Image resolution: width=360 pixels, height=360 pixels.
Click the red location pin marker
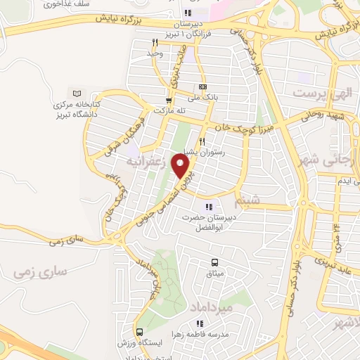coord(182,165)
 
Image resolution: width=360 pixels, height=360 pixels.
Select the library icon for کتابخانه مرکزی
coord(77,94)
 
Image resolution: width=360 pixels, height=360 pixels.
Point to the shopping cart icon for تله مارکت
coord(169,100)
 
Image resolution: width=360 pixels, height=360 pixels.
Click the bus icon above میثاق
coord(212,262)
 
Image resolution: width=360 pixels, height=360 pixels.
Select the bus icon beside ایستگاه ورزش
coord(139,332)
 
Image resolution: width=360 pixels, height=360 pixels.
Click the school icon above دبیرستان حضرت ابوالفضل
coord(208,206)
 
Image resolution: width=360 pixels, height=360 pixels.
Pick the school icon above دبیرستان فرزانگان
coord(186,13)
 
